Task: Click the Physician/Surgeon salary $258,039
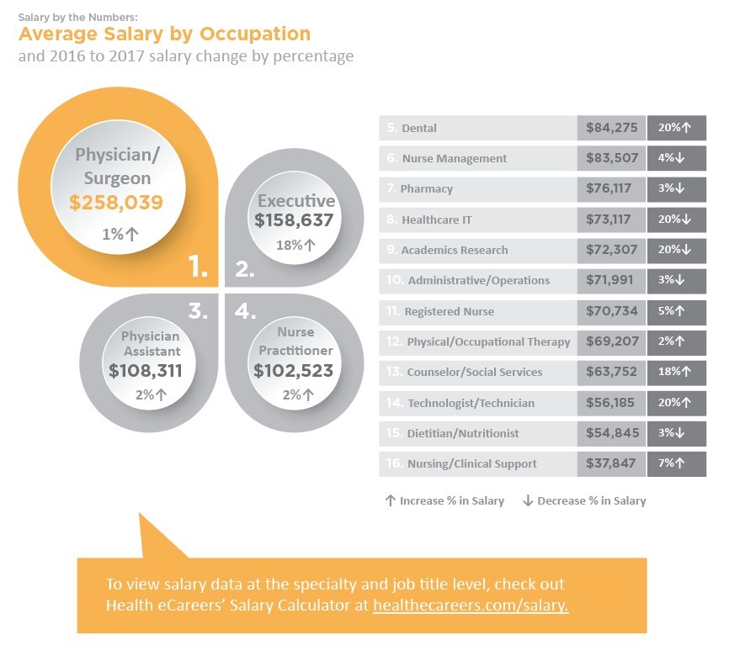pos(116,203)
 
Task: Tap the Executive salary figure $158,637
pos(295,220)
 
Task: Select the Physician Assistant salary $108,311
pos(146,368)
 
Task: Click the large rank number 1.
pos(198,267)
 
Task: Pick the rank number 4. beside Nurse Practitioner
pos(245,311)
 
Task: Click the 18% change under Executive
pos(295,246)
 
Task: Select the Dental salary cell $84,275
pos(612,128)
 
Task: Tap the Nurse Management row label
pos(454,158)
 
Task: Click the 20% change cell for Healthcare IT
pos(676,220)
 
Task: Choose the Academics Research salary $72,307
pos(612,250)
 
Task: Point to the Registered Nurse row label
pos(449,311)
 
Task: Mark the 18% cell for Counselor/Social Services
pos(676,372)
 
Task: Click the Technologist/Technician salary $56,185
pos(612,403)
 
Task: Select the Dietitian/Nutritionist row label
pos(462,433)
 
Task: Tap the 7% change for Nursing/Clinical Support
pos(676,463)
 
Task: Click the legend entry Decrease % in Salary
pos(584,500)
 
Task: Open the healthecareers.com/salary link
pos(471,606)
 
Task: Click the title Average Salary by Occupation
pos(164,34)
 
